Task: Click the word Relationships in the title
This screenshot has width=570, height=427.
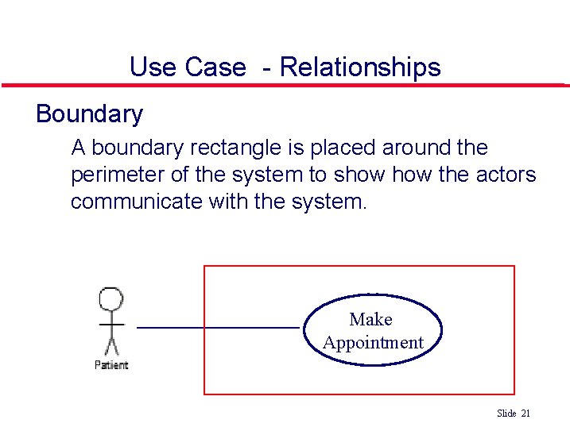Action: (x=359, y=67)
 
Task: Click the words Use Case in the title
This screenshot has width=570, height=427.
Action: (x=188, y=67)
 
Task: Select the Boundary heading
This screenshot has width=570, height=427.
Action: (x=89, y=114)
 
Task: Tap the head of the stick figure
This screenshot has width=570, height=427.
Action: (x=111, y=300)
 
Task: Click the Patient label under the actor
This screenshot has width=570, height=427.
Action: (x=111, y=365)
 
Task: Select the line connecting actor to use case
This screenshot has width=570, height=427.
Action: (x=218, y=327)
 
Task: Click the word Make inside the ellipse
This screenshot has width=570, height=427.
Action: (x=370, y=319)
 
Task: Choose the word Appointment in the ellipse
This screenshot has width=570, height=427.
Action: (x=373, y=343)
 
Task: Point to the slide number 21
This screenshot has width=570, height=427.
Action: (x=525, y=414)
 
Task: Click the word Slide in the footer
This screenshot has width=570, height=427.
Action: (x=506, y=414)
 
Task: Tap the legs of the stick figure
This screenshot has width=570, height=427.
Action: (x=111, y=346)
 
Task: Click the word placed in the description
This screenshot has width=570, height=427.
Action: (x=341, y=148)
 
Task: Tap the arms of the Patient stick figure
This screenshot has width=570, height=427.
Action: (x=111, y=325)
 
